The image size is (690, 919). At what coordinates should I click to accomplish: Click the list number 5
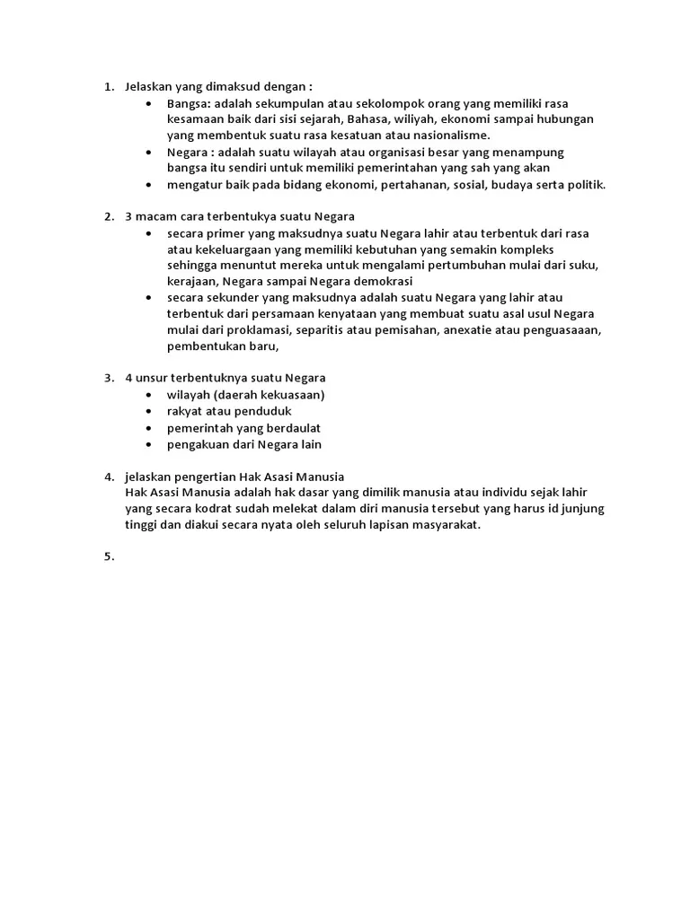[108, 556]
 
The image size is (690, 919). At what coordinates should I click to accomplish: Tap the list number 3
[108, 378]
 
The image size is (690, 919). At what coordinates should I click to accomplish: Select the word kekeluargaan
[231, 249]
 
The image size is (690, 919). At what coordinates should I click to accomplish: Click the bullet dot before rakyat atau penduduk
[147, 411]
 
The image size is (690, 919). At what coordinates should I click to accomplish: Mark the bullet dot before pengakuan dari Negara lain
[147, 444]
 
